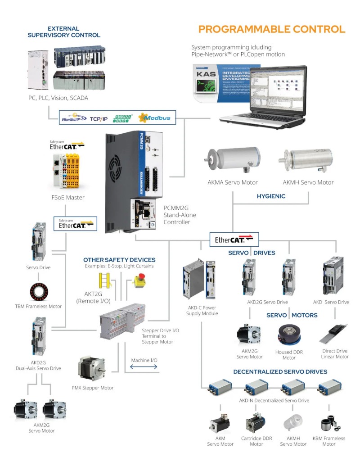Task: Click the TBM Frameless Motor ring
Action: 38,292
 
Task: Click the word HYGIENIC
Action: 271,196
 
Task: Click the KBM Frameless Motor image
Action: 328,425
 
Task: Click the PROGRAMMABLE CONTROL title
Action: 272,29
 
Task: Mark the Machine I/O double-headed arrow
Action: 144,367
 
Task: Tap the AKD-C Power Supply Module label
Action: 202,310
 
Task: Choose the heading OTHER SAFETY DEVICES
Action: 119,260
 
